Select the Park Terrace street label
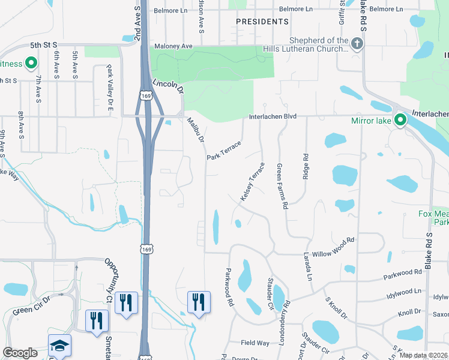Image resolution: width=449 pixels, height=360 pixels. coord(223,150)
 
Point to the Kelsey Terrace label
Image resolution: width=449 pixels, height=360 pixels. coord(252,181)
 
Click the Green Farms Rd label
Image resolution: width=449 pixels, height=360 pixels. coord(282,187)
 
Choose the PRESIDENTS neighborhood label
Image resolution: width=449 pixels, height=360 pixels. coord(262,22)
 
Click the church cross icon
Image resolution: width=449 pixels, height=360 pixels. coord(357,43)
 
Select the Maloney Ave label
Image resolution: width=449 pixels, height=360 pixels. coord(173,46)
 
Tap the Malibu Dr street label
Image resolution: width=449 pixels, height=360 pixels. coord(196,129)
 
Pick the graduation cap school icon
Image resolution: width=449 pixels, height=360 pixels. coord(60,346)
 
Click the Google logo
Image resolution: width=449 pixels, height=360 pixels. coord(20,353)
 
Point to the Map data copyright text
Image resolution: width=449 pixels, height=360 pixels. coord(424,355)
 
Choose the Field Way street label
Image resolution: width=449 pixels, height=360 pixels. coord(255,343)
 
